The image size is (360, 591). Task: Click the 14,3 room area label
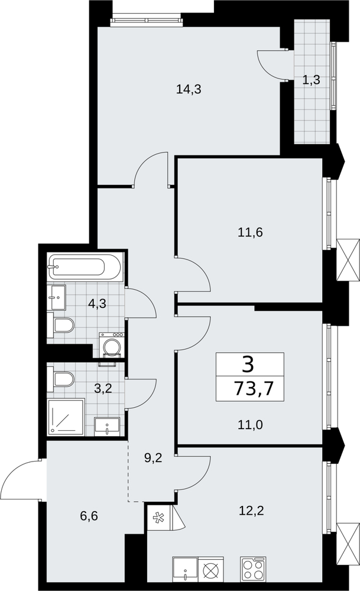(x=189, y=89)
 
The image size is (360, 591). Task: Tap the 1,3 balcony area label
(x=312, y=80)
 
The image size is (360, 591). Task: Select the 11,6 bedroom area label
(x=250, y=232)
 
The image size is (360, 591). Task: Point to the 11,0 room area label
(x=250, y=425)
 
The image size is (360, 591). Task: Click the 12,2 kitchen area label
(x=251, y=511)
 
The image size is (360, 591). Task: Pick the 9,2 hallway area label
(x=154, y=458)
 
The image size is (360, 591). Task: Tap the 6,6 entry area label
(x=89, y=515)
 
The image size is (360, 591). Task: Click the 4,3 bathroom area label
(x=97, y=303)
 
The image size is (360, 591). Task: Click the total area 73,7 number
(x=254, y=388)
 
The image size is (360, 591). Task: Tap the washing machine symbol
(x=112, y=345)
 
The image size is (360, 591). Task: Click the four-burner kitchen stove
(x=253, y=567)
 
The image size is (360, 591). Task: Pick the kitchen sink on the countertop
(x=186, y=567)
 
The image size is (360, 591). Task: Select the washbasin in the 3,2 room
(x=107, y=426)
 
